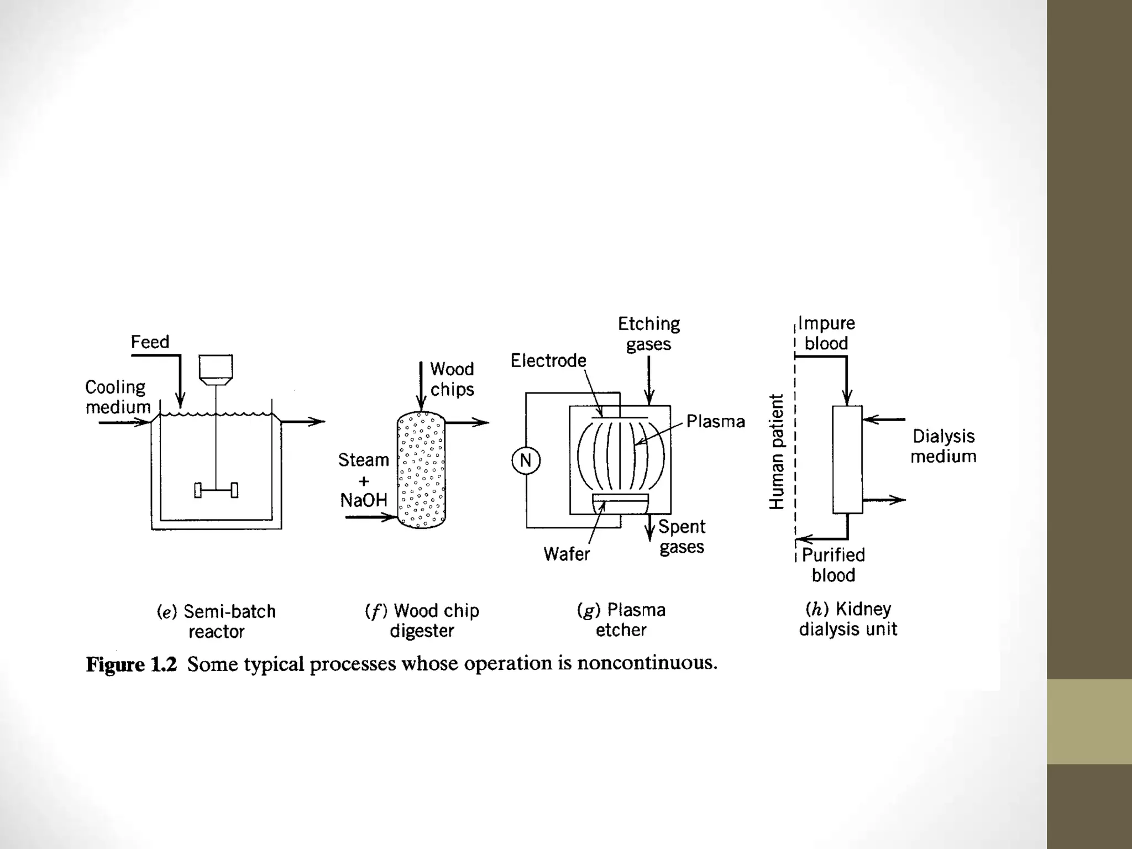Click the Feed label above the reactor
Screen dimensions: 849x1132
coord(150,342)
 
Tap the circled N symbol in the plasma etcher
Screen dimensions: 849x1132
coord(526,460)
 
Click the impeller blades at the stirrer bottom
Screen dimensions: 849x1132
coord(216,490)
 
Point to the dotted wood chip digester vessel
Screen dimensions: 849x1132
coord(421,470)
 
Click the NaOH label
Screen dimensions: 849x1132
coord(363,500)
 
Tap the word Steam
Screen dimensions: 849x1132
coord(363,460)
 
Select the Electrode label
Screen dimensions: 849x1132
coord(548,360)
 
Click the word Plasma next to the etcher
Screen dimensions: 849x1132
coord(715,422)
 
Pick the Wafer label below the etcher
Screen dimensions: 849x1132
coord(567,554)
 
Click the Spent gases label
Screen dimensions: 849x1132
coord(682,537)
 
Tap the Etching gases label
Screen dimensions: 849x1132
coord(648,333)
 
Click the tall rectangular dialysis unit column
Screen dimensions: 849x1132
coord(847,459)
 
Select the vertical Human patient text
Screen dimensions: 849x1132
coord(777,451)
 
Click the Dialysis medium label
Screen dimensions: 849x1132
coord(943,446)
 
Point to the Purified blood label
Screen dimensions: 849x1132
coord(833,565)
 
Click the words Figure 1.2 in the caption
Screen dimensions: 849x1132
coord(131,664)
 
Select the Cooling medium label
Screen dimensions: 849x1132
coord(117,397)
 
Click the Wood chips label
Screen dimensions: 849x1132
coord(452,379)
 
